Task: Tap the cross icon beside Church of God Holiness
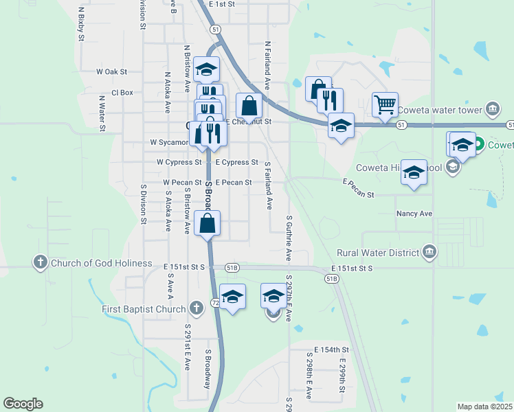tap(40, 262)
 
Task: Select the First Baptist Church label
tap(144, 309)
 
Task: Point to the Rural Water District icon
tap(430, 253)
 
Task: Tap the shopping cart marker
tap(385, 104)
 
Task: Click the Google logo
tap(23, 404)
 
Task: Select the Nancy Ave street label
tap(414, 214)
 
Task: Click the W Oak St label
tap(112, 71)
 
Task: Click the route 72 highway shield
tap(215, 302)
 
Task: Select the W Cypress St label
tap(179, 163)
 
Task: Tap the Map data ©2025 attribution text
tap(484, 407)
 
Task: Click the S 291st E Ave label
tap(186, 347)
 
